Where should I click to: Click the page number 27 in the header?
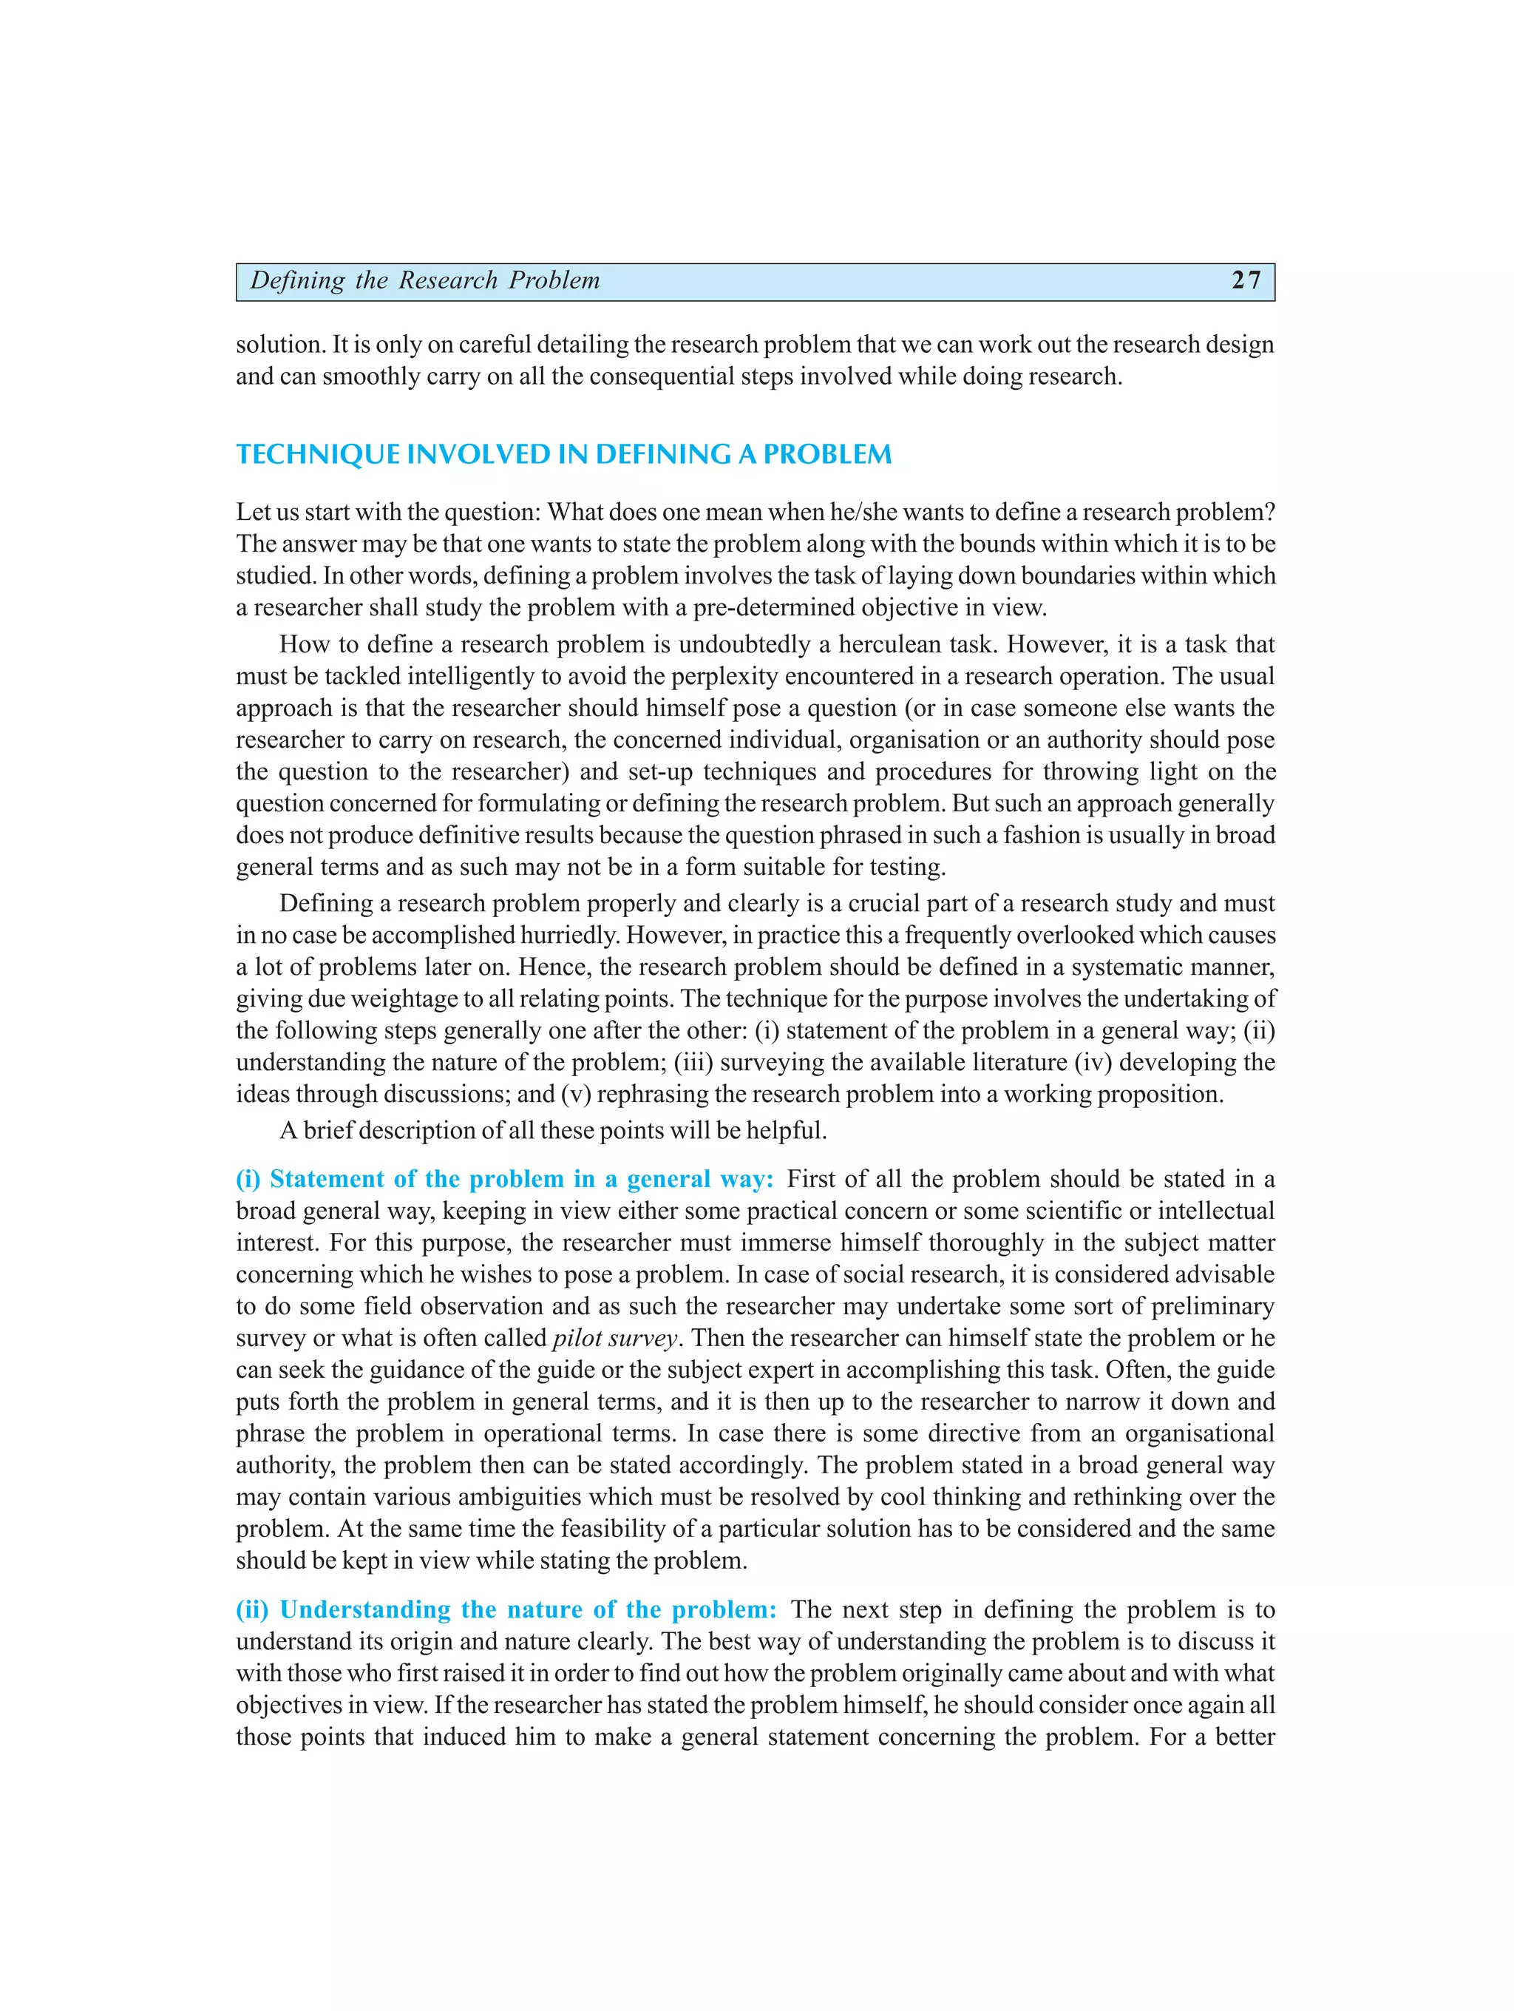click(1246, 280)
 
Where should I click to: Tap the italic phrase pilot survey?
click(615, 1338)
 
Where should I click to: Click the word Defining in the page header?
click(297, 280)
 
